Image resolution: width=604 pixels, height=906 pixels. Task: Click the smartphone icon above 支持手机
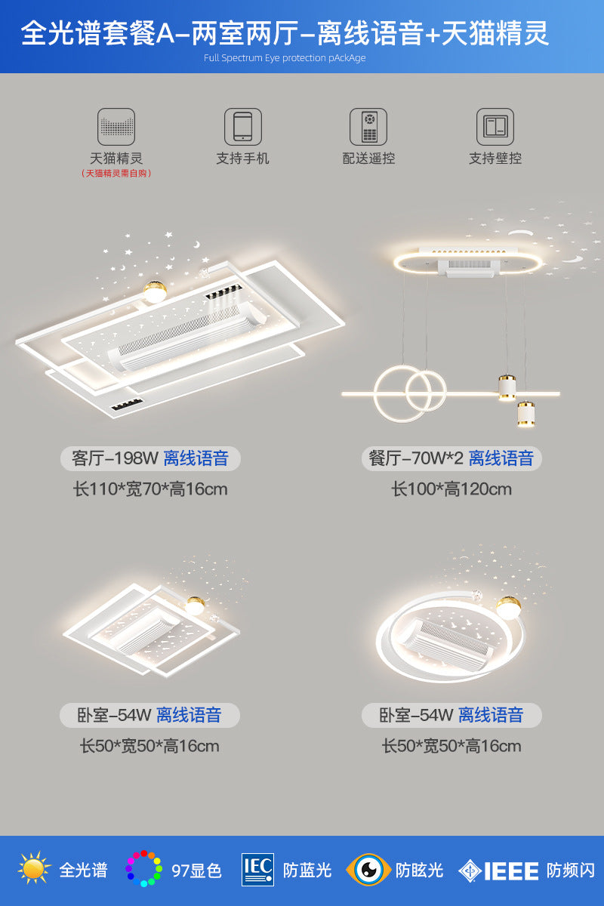point(242,127)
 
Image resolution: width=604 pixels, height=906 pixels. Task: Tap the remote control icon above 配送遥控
point(368,127)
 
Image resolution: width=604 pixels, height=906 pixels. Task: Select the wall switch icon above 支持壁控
point(495,127)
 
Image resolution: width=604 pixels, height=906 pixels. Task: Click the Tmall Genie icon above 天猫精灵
point(116,127)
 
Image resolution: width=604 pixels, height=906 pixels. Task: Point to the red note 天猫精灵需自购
point(116,174)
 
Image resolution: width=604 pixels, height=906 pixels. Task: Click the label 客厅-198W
point(115,458)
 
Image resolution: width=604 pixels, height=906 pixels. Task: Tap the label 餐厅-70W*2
point(415,458)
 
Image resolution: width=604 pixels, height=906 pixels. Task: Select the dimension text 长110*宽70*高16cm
point(150,489)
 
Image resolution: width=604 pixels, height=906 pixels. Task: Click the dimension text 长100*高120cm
point(451,489)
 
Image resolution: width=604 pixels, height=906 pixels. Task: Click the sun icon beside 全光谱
point(34,869)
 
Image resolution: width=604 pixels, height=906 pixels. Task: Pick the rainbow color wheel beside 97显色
point(143,869)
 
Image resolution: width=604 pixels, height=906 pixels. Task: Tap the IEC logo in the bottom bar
point(257,869)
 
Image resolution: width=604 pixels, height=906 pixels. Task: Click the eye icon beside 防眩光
point(368,869)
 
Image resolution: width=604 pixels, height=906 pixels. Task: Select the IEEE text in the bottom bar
point(510,871)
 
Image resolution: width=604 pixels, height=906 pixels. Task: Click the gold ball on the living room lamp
point(156,291)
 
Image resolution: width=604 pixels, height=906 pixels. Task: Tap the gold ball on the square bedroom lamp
point(196,606)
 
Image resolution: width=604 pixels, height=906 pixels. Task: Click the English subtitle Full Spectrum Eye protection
point(285,58)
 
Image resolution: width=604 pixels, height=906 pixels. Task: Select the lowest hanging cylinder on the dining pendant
point(526,414)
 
